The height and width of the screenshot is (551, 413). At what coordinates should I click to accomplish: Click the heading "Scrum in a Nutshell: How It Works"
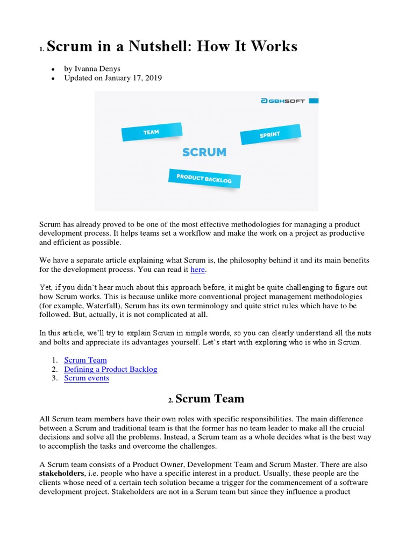pyautogui.click(x=172, y=47)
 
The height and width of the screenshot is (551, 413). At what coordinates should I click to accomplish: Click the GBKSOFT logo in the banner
pyautogui.click(x=283, y=101)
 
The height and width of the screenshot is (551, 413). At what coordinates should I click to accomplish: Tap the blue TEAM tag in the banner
pyautogui.click(x=151, y=132)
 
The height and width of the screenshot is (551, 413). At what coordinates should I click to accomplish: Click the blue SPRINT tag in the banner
pyautogui.click(x=269, y=135)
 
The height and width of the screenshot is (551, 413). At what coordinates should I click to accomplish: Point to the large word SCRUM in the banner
pyautogui.click(x=204, y=152)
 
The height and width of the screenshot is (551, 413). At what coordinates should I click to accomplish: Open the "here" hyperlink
pyautogui.click(x=197, y=270)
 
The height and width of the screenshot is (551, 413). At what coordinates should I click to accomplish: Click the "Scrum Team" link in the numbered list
pyautogui.click(x=85, y=360)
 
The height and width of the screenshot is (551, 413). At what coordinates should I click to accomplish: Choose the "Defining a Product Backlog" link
pyautogui.click(x=110, y=369)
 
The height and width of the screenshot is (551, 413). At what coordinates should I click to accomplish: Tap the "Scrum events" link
pyautogui.click(x=86, y=378)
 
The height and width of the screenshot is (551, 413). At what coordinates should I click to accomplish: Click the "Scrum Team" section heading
pyautogui.click(x=210, y=399)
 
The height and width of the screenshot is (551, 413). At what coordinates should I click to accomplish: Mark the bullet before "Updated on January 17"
pyautogui.click(x=53, y=79)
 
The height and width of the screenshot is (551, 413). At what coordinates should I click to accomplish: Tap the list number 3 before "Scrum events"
pyautogui.click(x=54, y=378)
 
